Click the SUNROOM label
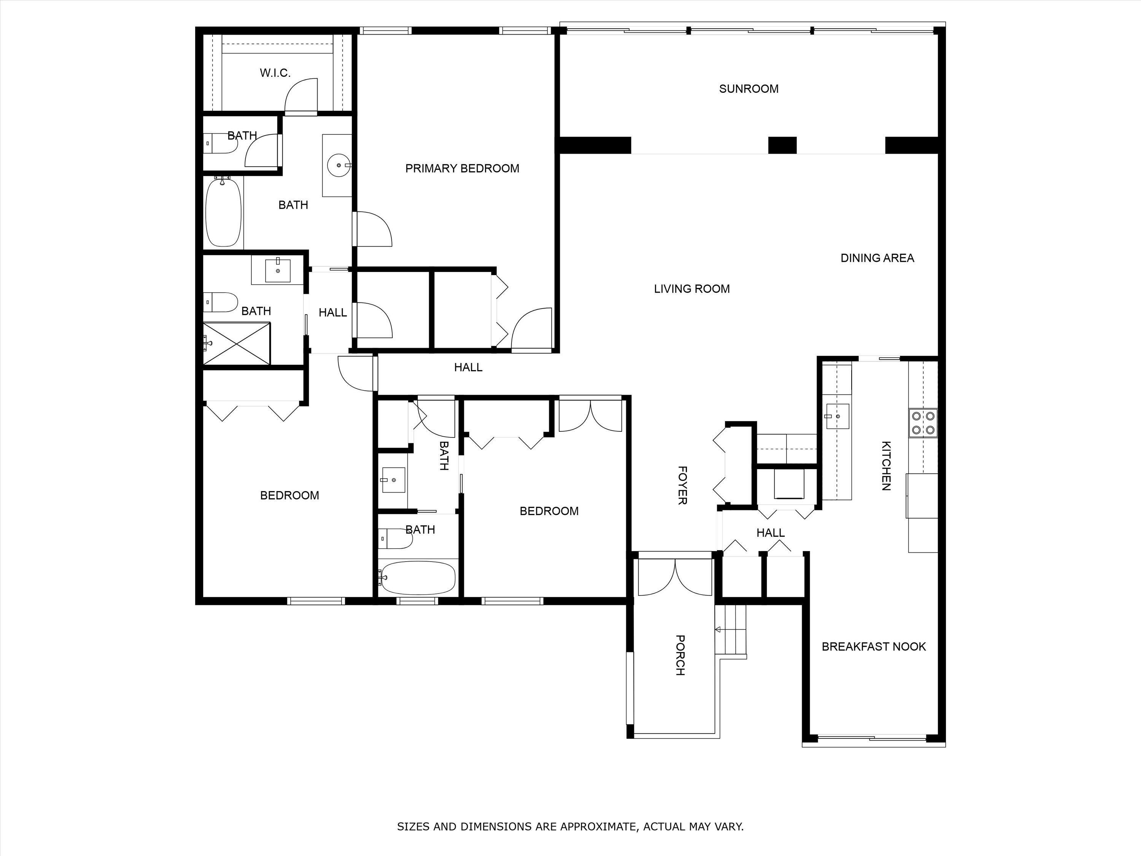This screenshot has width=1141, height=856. pyautogui.click(x=748, y=89)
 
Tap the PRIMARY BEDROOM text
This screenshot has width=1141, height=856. pyautogui.click(x=462, y=168)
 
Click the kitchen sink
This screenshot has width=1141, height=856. pyautogui.click(x=837, y=416)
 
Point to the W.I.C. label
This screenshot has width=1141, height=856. pyautogui.click(x=275, y=73)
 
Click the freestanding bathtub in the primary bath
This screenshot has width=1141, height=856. pyautogui.click(x=223, y=212)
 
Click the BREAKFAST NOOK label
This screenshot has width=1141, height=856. pyautogui.click(x=874, y=646)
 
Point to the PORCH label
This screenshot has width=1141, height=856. pyautogui.click(x=680, y=655)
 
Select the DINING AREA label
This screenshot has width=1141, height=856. pyautogui.click(x=877, y=258)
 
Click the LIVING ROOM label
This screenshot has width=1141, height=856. pyautogui.click(x=692, y=289)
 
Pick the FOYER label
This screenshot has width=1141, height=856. pyautogui.click(x=682, y=485)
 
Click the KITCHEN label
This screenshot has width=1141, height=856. pyautogui.click(x=886, y=465)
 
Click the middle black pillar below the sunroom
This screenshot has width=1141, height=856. pyautogui.click(x=782, y=145)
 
